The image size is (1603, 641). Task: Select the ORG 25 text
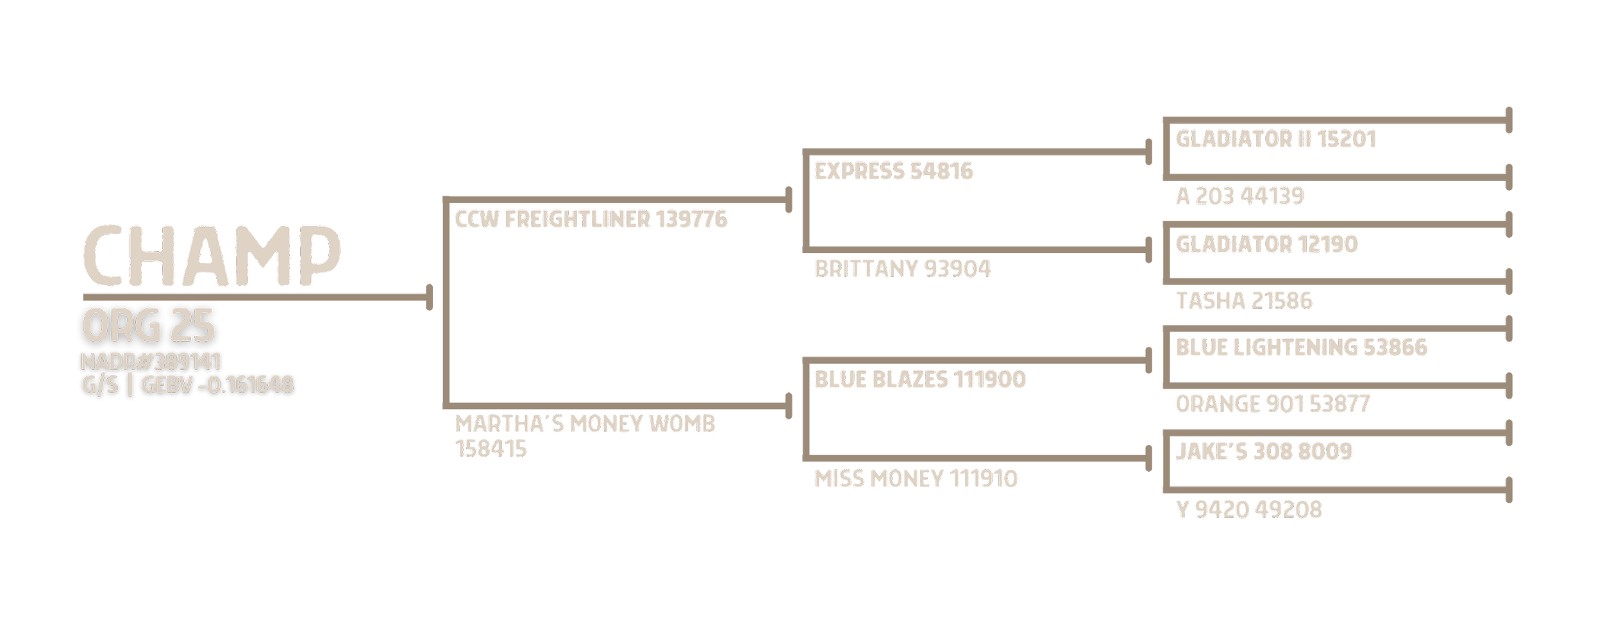(x=148, y=326)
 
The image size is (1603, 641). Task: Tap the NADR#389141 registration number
(x=151, y=362)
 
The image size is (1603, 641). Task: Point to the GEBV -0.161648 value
(x=217, y=385)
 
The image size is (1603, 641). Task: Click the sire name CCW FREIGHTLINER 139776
(x=591, y=220)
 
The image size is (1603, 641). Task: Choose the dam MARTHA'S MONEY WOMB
(x=585, y=424)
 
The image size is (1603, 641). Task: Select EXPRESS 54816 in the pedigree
(x=893, y=172)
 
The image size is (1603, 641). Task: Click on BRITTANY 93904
(x=902, y=269)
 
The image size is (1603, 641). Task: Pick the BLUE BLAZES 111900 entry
(x=920, y=379)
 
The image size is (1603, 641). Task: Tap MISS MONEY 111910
(x=916, y=479)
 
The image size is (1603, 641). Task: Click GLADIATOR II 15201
(x=1275, y=140)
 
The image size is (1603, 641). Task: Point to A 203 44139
(x=1239, y=196)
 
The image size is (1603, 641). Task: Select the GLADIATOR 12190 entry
(x=1266, y=244)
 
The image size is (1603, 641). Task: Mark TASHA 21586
(x=1244, y=301)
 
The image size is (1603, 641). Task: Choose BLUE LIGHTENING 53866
(x=1301, y=348)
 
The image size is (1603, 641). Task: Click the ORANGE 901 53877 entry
(x=1272, y=404)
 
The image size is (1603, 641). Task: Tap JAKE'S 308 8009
(x=1263, y=452)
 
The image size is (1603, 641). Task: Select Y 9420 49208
(x=1248, y=510)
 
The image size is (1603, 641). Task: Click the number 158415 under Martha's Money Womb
(x=491, y=449)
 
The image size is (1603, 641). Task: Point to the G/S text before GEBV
(x=100, y=385)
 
